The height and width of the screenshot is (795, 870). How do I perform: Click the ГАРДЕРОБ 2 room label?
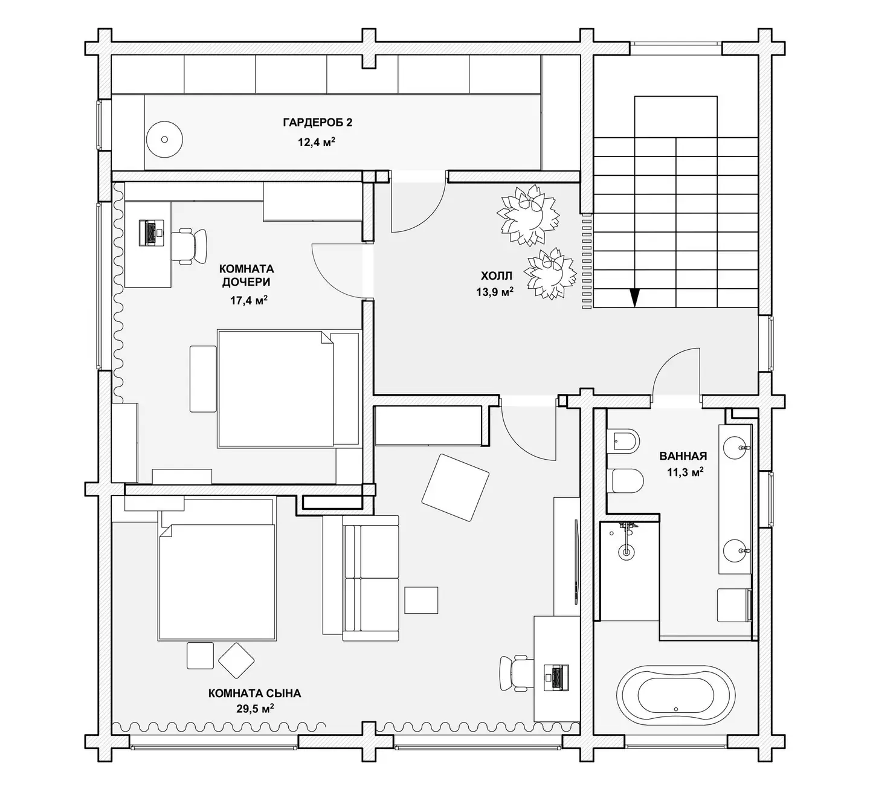(x=318, y=122)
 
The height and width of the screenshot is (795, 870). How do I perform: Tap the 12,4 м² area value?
(x=317, y=142)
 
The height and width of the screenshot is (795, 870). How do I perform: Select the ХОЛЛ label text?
(x=497, y=275)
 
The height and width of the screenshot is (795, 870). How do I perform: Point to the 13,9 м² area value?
(x=495, y=292)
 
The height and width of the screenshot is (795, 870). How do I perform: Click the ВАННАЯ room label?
(x=683, y=456)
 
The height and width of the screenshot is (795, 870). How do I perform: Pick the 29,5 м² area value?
(x=255, y=709)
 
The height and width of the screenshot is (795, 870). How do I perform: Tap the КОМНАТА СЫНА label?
(x=254, y=693)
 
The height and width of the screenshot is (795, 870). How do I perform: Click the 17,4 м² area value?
(x=248, y=300)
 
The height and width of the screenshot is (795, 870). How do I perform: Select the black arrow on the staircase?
(x=635, y=298)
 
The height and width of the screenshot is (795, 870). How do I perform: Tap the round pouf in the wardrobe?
(x=164, y=140)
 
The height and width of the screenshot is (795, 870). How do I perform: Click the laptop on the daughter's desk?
(x=152, y=233)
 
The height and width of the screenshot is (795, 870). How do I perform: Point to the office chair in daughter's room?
(x=189, y=246)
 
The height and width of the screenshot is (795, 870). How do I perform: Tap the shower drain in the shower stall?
(x=625, y=552)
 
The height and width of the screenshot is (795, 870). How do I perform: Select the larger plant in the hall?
(x=527, y=215)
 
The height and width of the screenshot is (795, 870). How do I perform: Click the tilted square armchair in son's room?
(x=456, y=488)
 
